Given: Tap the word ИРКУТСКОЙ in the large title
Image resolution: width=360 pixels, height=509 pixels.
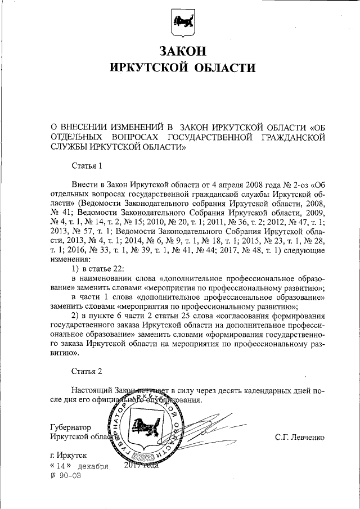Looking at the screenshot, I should point(146,68).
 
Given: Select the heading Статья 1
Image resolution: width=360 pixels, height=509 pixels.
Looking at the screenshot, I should point(87,166).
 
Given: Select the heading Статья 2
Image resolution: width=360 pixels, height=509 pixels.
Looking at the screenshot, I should point(87,372).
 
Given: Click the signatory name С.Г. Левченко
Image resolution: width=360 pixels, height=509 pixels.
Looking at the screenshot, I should point(299,436).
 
